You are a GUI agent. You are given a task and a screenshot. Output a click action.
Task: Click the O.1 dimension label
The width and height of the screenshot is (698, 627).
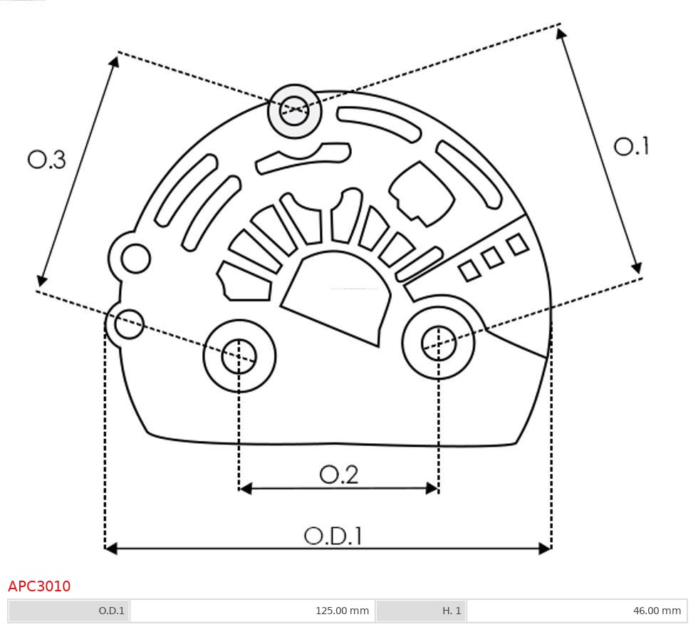(631, 146)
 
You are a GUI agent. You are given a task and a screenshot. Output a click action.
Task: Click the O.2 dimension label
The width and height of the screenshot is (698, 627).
(339, 475)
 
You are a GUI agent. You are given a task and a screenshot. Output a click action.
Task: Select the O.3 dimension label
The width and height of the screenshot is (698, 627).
(47, 160)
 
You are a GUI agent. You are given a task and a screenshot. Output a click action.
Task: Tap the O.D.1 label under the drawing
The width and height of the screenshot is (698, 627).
(333, 536)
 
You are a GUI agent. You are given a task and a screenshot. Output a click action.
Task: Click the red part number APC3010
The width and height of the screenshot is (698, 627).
(39, 586)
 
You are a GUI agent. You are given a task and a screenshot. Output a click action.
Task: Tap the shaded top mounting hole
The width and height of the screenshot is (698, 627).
(294, 110)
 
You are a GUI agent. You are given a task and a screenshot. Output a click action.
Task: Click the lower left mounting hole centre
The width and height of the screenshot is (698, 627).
(239, 356)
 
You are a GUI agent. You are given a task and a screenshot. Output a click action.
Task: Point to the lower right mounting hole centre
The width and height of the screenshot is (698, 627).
(439, 344)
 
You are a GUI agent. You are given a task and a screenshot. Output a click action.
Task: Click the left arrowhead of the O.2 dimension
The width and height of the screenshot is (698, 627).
(245, 488)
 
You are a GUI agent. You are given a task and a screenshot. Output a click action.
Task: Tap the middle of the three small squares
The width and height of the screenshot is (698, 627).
(492, 258)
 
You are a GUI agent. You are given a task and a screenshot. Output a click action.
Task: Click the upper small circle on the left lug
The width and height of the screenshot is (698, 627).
(135, 258)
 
